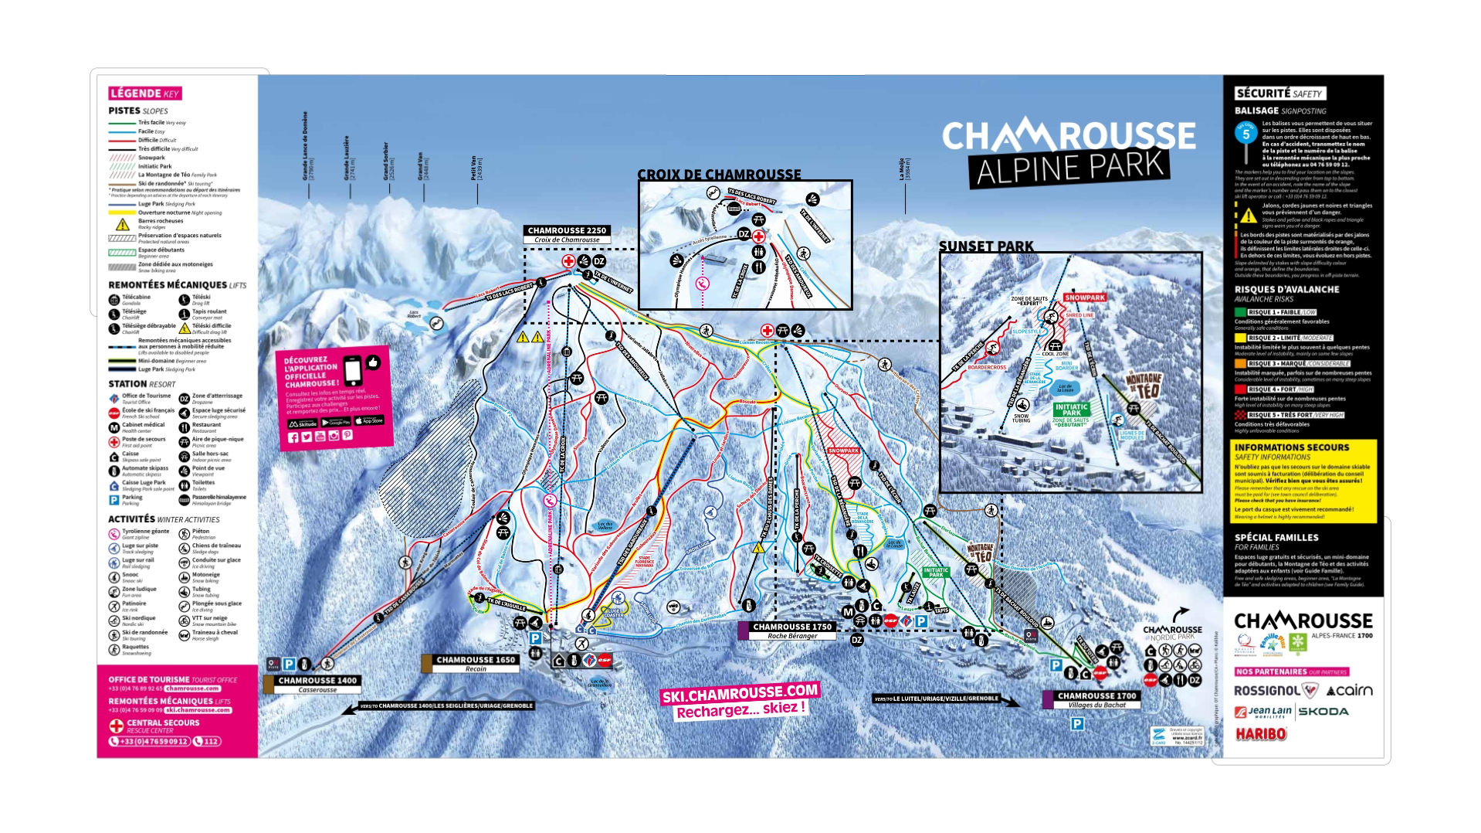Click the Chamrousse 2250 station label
point(568,231)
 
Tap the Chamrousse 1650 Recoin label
point(476,661)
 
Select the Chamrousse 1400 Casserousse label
point(317,682)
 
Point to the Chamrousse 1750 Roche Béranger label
point(792,627)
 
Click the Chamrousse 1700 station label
point(1096,696)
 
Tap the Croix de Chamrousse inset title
point(719,175)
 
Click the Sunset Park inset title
point(986,246)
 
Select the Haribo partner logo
point(1261,734)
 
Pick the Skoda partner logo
point(1323,712)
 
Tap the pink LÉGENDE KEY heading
point(145,93)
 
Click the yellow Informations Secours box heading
point(1292,447)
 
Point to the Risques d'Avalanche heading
point(1286,290)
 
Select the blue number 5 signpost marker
point(1245,134)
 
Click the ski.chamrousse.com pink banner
point(739,693)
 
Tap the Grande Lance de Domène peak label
point(305,146)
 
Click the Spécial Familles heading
point(1276,538)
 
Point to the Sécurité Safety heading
point(1279,93)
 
